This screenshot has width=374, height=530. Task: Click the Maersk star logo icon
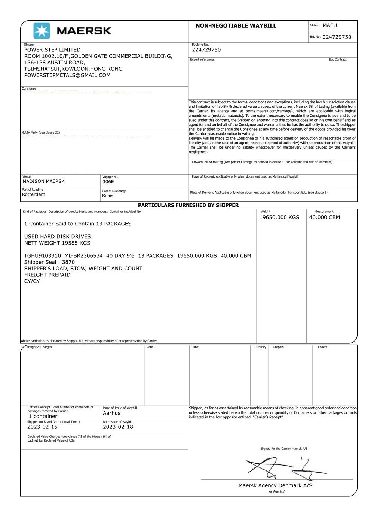[x=42, y=31]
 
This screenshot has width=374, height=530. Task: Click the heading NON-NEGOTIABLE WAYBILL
[x=236, y=26]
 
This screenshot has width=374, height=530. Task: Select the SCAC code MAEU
[x=329, y=25]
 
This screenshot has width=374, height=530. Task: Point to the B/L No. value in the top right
[x=337, y=37]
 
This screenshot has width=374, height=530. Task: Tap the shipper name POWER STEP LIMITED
[x=52, y=50]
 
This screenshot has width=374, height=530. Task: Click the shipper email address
[x=67, y=75]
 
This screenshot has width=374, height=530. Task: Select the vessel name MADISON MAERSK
[x=44, y=181]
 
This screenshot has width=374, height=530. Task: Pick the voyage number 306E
[x=108, y=182]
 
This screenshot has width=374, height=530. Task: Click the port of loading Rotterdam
[x=34, y=194]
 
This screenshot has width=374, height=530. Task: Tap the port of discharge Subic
[x=108, y=196]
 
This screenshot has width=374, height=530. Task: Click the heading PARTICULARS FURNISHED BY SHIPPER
[x=188, y=205]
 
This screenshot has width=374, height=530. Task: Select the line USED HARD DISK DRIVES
[x=57, y=237]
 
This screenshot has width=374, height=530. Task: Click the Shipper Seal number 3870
[x=68, y=262]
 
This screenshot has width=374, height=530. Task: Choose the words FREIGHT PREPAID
[x=47, y=275]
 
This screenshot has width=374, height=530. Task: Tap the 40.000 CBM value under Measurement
[x=324, y=218]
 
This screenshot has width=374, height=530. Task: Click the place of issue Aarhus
[x=112, y=413]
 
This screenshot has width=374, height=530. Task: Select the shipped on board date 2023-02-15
[x=43, y=427]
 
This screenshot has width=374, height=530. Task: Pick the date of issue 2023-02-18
[x=118, y=427]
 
